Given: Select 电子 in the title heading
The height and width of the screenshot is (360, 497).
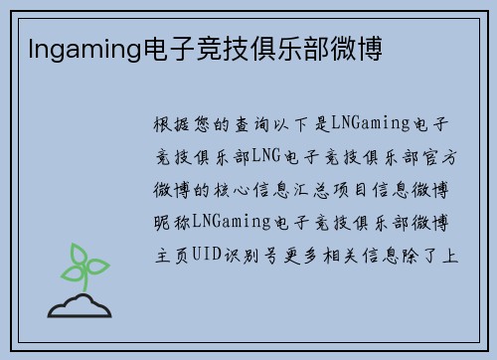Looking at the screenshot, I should (x=157, y=48).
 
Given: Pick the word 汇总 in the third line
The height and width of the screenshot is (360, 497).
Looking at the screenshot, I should (x=328, y=186).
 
